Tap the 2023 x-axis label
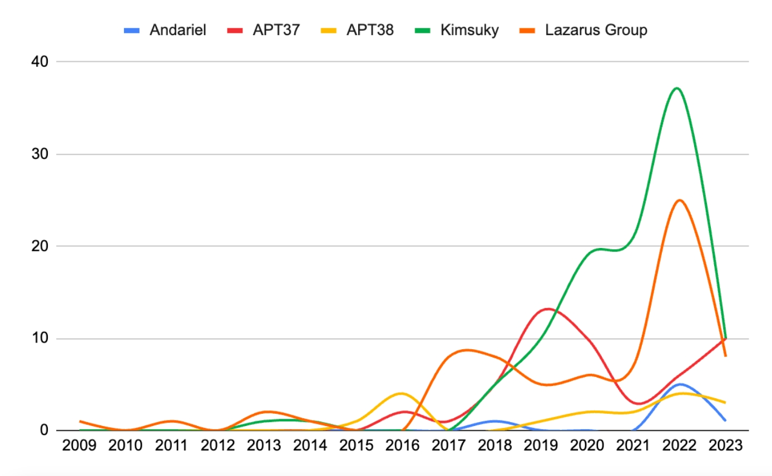point(725,446)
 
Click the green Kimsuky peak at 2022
point(676,88)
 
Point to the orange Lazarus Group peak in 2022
point(679,200)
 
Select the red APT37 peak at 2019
point(548,309)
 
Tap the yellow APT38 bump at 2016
point(401,393)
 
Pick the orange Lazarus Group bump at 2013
point(266,411)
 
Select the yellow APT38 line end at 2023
point(725,402)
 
